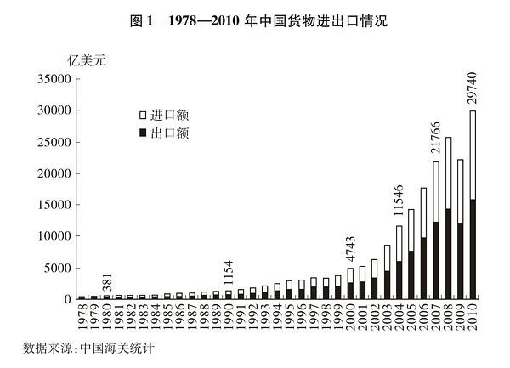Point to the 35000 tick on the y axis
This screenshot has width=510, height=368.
pyautogui.click(x=54, y=79)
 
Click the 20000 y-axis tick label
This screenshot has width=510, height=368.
pyautogui.click(x=54, y=173)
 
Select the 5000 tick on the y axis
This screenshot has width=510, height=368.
pyautogui.click(x=56, y=268)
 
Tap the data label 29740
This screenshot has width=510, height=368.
pyautogui.click(x=473, y=87)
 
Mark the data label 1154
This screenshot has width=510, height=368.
pyautogui.click(x=229, y=272)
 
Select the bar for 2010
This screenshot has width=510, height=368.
pyautogui.click(x=473, y=204)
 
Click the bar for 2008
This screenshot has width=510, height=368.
pyautogui.click(x=448, y=218)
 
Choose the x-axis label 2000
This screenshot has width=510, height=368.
pyautogui.click(x=350, y=316)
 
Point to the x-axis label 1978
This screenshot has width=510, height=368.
pyautogui.click(x=82, y=316)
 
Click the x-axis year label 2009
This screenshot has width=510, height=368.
pyautogui.click(x=461, y=316)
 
